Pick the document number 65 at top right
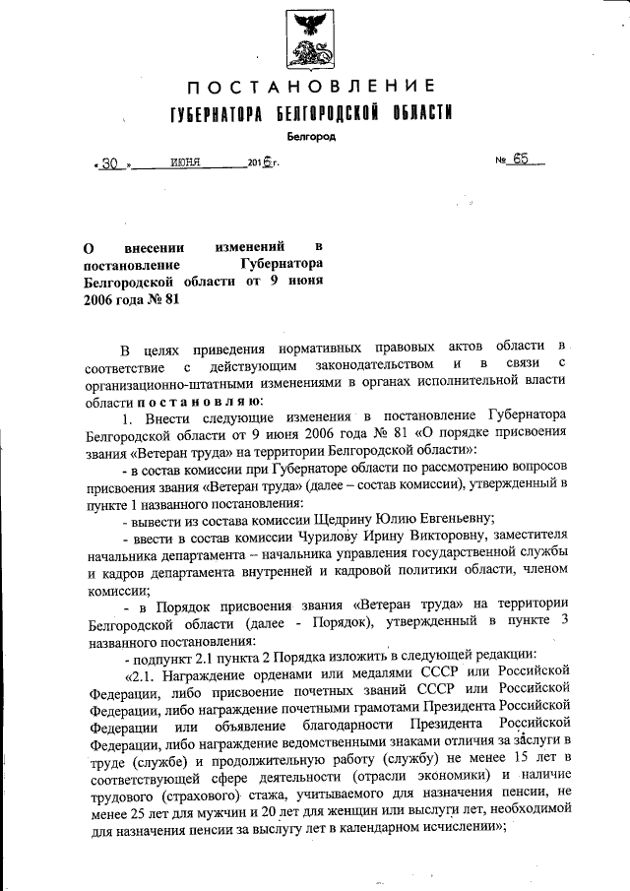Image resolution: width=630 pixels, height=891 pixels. coord(521,161)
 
